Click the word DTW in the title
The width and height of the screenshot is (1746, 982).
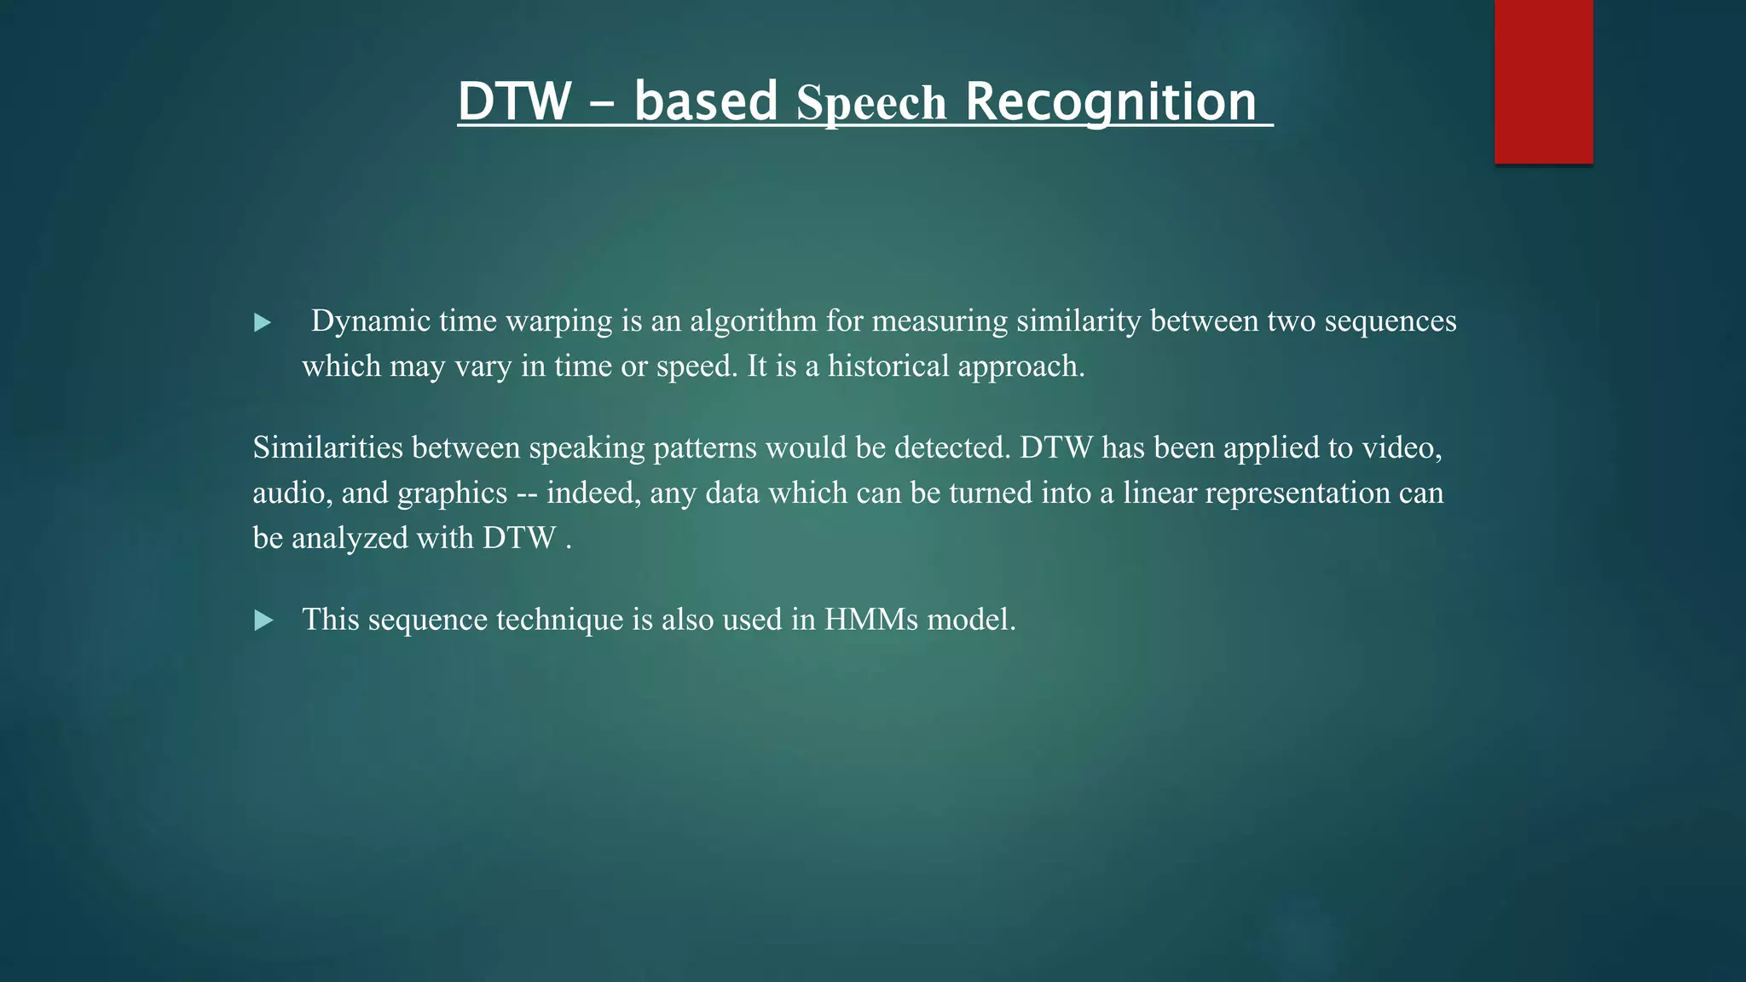point(514,101)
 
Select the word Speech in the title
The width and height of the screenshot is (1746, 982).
point(870,103)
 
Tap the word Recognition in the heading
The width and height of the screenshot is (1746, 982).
point(1111,101)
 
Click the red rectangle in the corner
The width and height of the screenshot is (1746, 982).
point(1543,81)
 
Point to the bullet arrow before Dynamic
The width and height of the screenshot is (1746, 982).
point(263,322)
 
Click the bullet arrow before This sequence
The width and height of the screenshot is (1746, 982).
point(263,621)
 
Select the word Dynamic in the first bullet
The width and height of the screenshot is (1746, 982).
point(370,321)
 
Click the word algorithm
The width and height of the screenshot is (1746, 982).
point(753,321)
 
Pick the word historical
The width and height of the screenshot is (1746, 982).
point(888,367)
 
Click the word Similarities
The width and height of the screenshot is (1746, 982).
point(327,448)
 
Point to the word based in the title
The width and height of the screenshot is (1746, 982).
point(705,101)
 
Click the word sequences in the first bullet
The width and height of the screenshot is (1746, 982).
point(1390,321)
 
